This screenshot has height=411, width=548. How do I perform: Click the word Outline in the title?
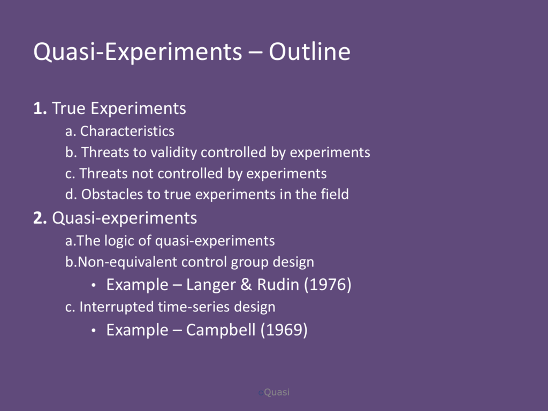tap(309, 52)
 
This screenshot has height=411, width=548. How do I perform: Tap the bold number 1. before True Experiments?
tap(40, 108)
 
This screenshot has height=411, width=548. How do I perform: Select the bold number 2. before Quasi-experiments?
tap(40, 218)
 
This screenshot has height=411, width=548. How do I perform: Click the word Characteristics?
tap(127, 131)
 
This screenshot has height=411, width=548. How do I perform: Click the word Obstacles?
tap(112, 194)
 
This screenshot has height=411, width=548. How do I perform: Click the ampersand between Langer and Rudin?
tap(246, 285)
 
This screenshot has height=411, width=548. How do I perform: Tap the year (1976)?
tap(328, 285)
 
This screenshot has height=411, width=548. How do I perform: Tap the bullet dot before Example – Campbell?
tap(93, 331)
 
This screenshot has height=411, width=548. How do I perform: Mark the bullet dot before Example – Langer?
tap(93, 285)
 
